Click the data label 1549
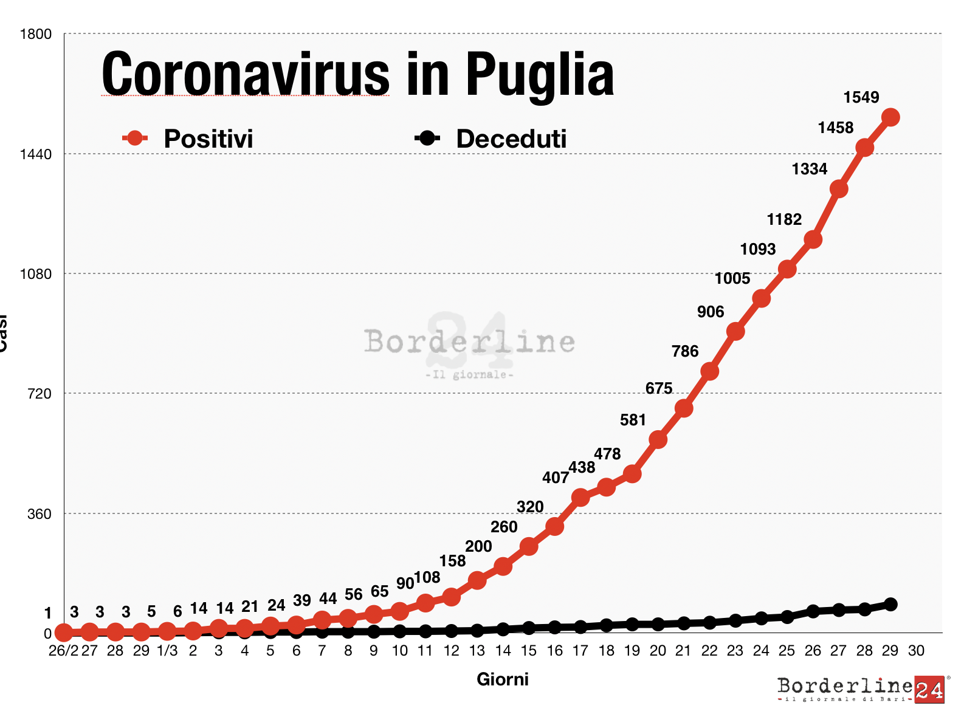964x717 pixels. [861, 97]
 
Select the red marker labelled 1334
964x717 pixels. [839, 189]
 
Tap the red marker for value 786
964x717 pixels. [709, 371]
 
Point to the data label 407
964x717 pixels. [555, 478]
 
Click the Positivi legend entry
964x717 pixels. [188, 139]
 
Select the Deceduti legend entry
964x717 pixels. [491, 139]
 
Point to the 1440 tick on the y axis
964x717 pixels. [36, 154]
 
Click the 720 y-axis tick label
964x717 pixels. [40, 394]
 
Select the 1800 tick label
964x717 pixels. [36, 34]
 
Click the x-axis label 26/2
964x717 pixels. [63, 651]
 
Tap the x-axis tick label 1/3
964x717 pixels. [167, 651]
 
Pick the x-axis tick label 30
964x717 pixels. [916, 651]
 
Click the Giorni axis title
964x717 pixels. [502, 679]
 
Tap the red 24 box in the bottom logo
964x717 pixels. [929, 690]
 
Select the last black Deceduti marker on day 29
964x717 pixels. [890, 604]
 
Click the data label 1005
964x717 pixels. [732, 279]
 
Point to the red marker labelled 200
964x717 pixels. [477, 580]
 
